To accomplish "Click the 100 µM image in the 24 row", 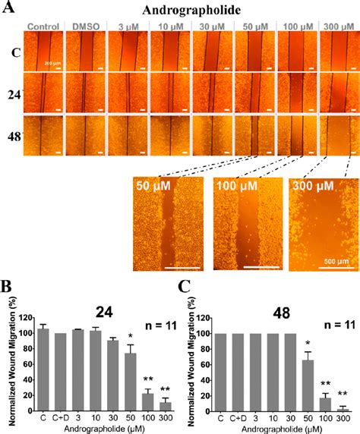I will tap(297, 93).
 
